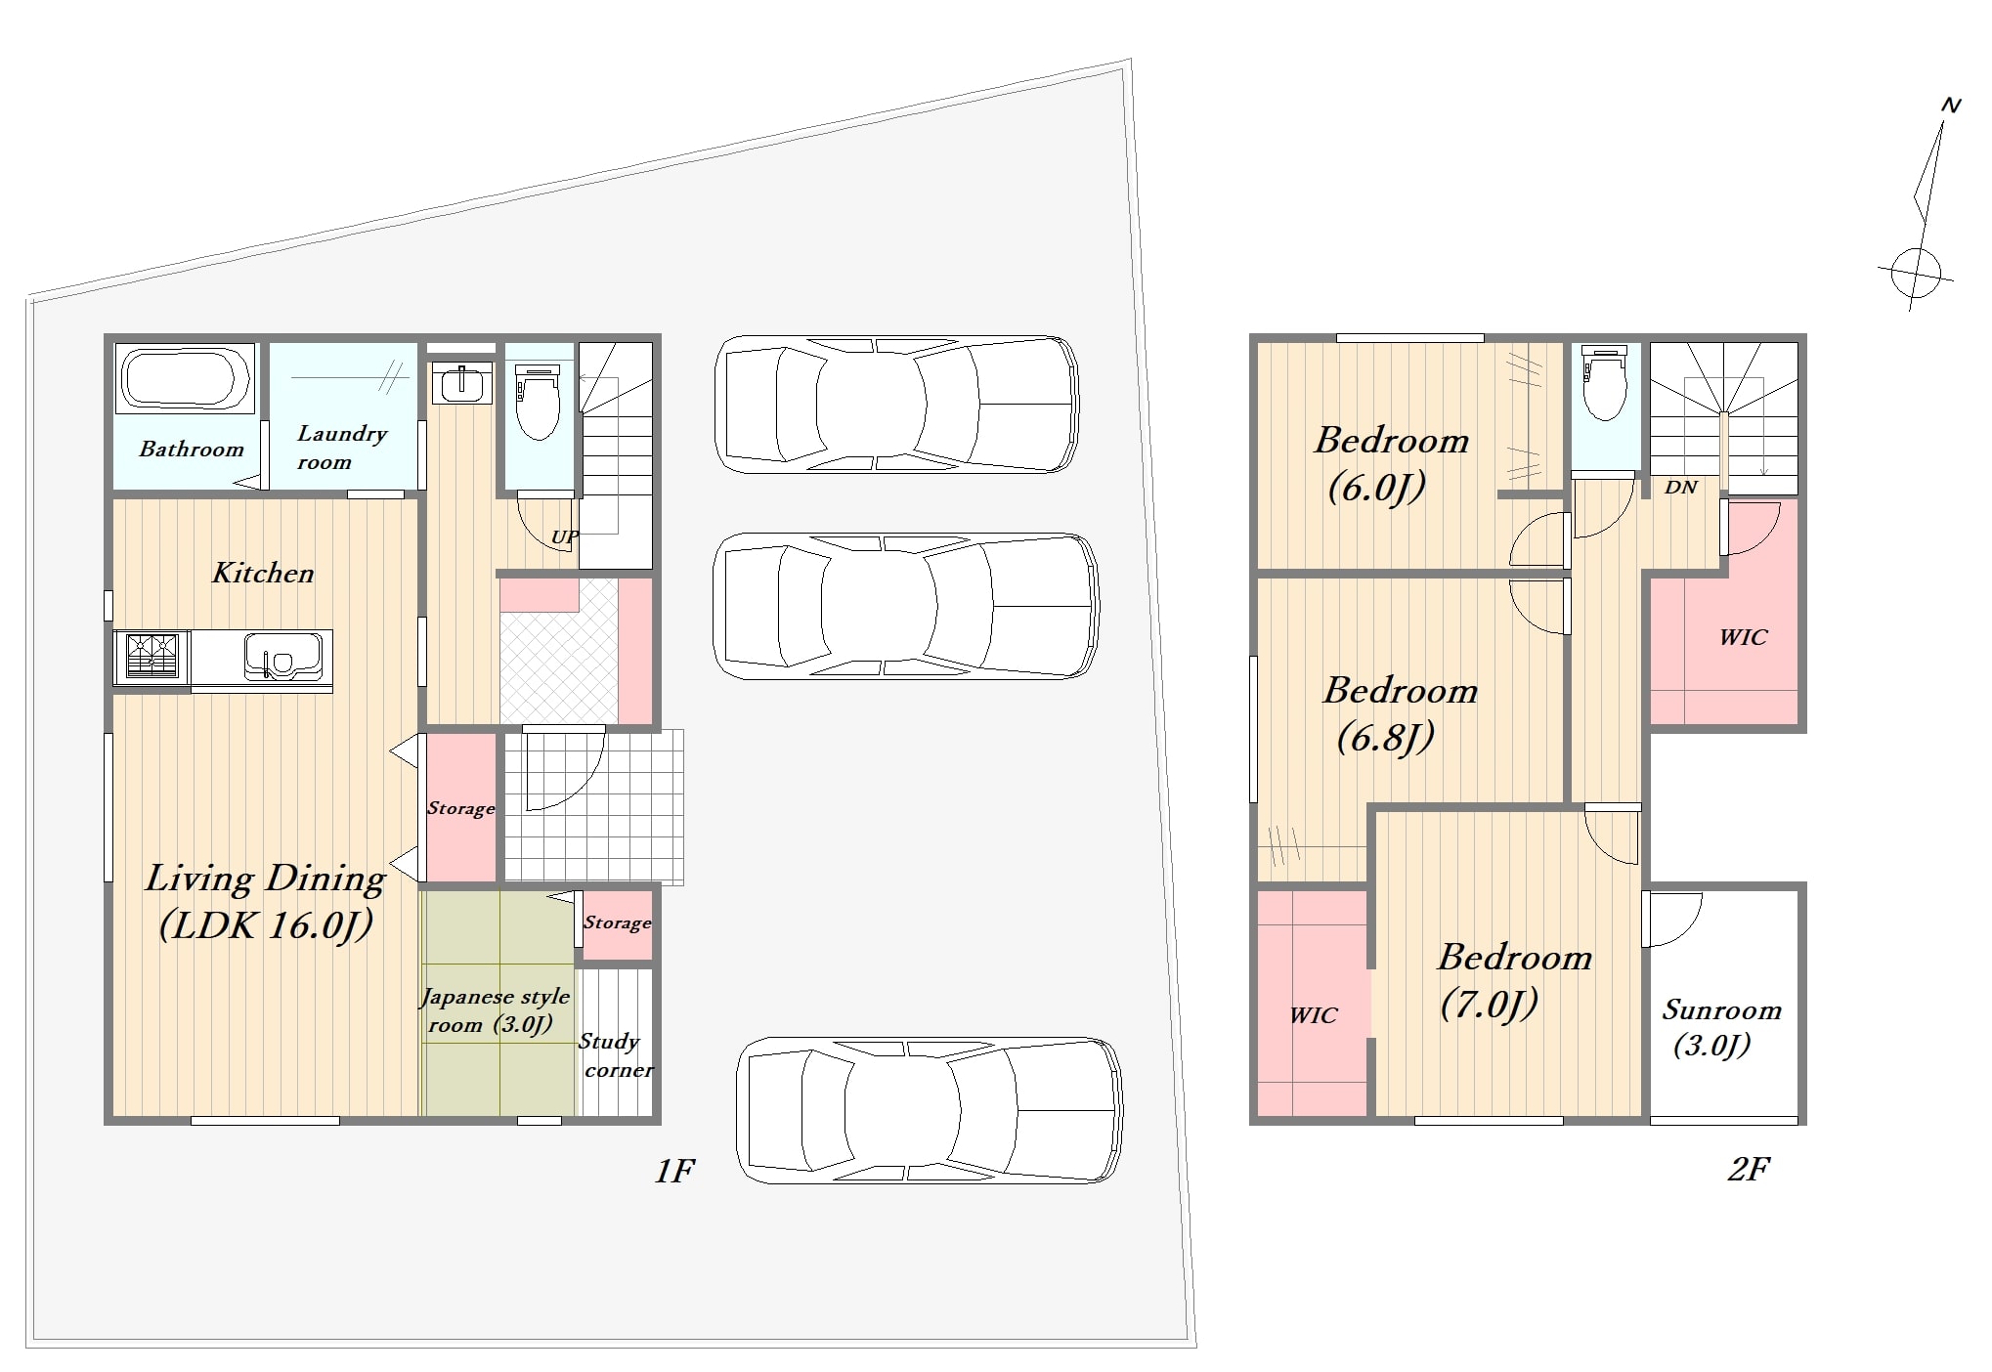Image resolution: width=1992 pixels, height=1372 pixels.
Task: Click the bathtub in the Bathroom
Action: coord(185,377)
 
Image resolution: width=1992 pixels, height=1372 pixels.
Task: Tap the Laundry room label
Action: coord(342,447)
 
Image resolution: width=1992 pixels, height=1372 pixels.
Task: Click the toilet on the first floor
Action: coord(538,401)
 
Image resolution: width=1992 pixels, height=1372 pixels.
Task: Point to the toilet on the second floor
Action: coord(1605,382)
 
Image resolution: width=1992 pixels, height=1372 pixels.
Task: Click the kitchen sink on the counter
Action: coord(283,655)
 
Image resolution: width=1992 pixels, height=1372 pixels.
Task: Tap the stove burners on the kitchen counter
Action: coord(152,655)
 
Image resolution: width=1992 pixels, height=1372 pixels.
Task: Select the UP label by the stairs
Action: coord(565,536)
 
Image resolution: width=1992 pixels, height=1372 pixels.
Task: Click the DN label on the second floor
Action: coord(1681,487)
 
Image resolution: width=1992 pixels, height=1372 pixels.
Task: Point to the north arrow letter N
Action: coord(1950,106)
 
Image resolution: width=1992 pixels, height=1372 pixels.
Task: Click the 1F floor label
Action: coord(674,1170)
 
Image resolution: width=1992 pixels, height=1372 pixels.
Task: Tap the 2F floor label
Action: coord(1749,1169)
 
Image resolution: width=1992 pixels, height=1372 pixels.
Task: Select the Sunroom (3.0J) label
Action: coord(1721,1028)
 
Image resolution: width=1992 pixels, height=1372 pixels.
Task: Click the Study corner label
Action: coord(616,1055)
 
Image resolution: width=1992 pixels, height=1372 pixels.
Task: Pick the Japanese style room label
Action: coord(496,1010)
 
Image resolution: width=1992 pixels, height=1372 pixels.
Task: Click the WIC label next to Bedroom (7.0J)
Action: coord(1313,1015)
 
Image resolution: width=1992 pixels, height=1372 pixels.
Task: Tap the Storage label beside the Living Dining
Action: coord(460,808)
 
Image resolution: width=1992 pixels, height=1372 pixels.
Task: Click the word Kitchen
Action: coord(263,573)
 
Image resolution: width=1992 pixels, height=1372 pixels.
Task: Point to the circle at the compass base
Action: coord(1916,271)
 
